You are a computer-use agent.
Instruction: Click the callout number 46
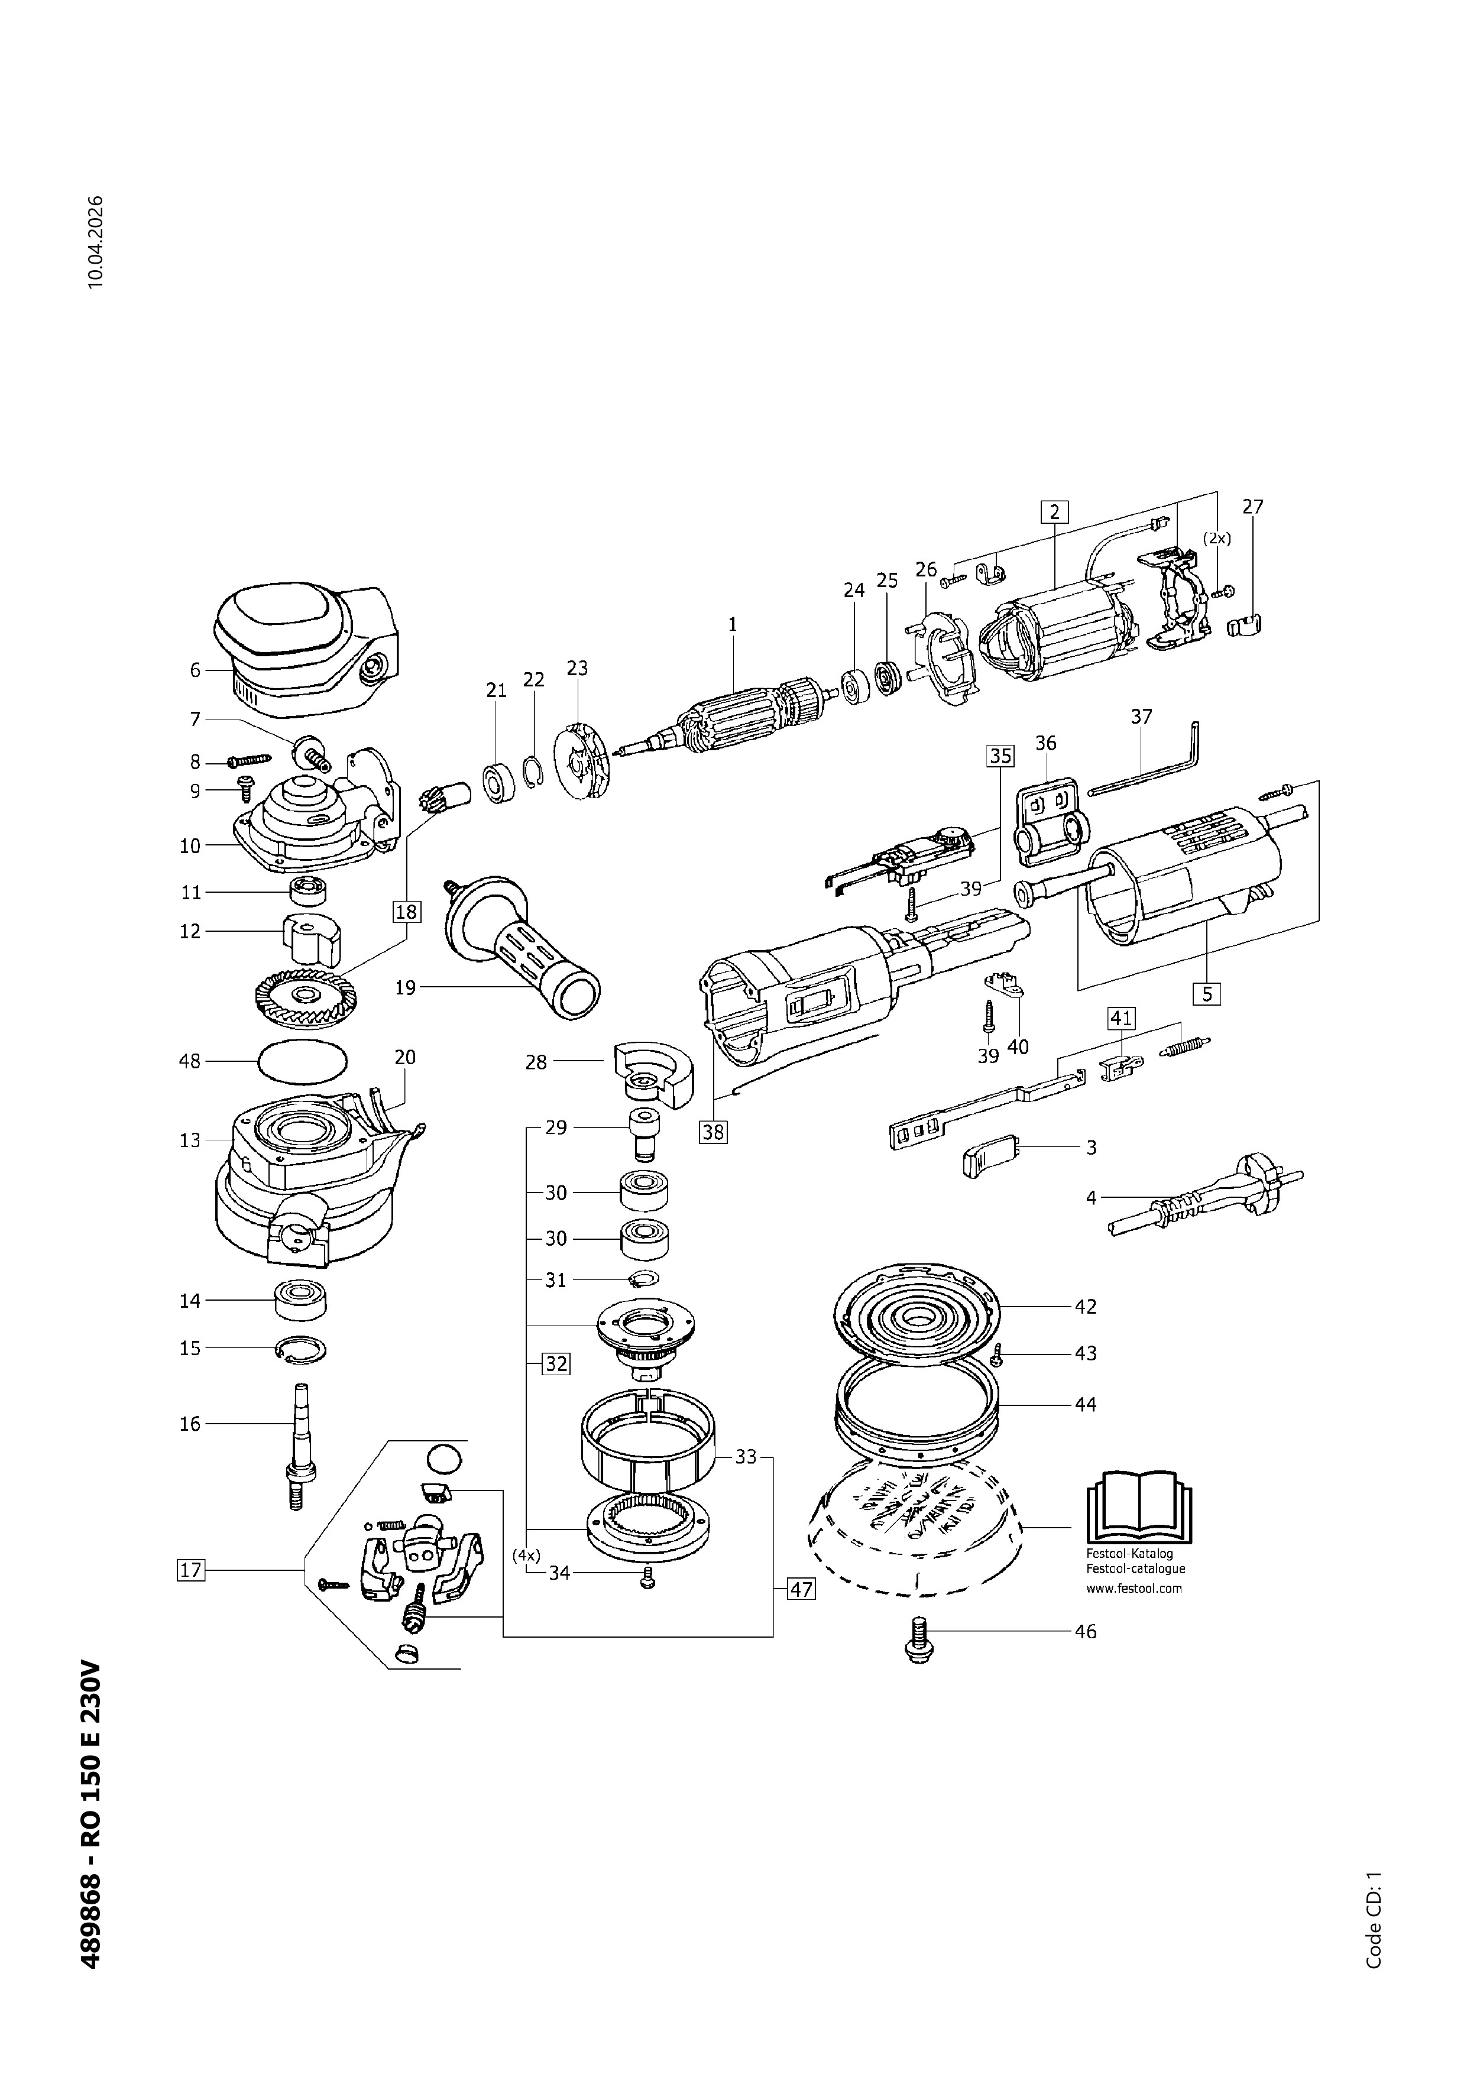tap(1085, 1631)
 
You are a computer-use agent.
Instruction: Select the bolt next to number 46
tap(919, 1638)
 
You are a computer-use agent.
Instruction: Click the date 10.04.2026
tap(96, 241)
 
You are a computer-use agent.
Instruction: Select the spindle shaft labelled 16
tap(297, 1446)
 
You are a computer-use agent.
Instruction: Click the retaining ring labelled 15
tap(302, 1350)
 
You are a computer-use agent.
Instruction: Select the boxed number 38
tap(713, 1131)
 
